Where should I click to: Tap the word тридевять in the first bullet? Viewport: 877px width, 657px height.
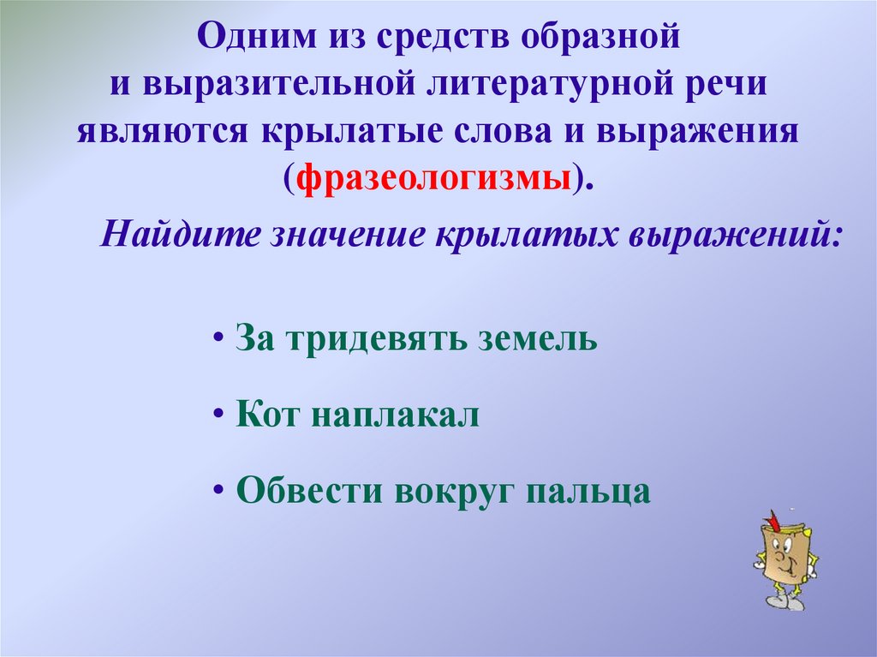coord(368,340)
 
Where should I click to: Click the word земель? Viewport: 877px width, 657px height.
coord(534,339)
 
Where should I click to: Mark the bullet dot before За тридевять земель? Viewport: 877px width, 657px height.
coord(219,339)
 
